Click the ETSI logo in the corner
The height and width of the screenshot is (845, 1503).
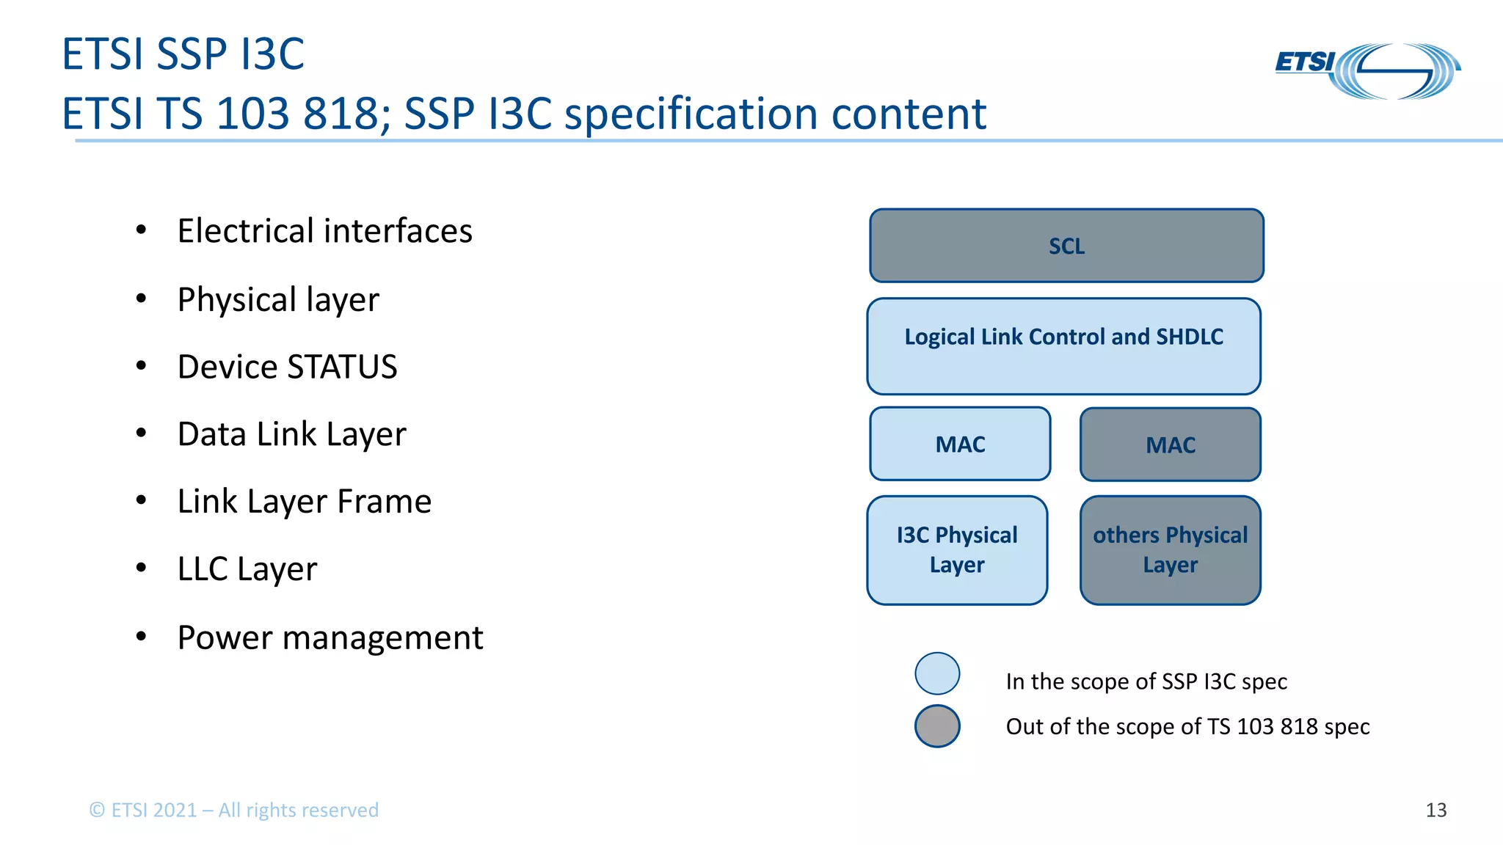click(1367, 70)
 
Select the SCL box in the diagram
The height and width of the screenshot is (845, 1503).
click(1066, 246)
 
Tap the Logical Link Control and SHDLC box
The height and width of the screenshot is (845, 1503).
click(1063, 345)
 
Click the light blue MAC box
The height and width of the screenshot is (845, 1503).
click(960, 444)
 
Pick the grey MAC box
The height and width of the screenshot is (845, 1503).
click(1170, 445)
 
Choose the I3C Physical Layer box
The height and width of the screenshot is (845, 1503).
click(957, 550)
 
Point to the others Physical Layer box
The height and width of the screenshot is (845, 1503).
click(1170, 550)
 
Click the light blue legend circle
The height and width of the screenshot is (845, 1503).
click(937, 673)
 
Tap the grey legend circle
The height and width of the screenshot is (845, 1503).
click(937, 726)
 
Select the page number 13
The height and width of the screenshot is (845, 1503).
click(1435, 810)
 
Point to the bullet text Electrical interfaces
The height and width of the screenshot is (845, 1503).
click(324, 231)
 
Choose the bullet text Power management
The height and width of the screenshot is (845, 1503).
click(330, 637)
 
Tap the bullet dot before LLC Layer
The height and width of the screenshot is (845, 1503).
click(142, 568)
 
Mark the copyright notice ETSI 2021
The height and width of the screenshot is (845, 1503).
click(233, 810)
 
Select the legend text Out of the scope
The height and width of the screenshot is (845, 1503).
click(1187, 726)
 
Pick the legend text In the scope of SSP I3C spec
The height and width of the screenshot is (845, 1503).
click(1146, 681)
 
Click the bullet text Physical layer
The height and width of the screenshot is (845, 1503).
click(278, 299)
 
